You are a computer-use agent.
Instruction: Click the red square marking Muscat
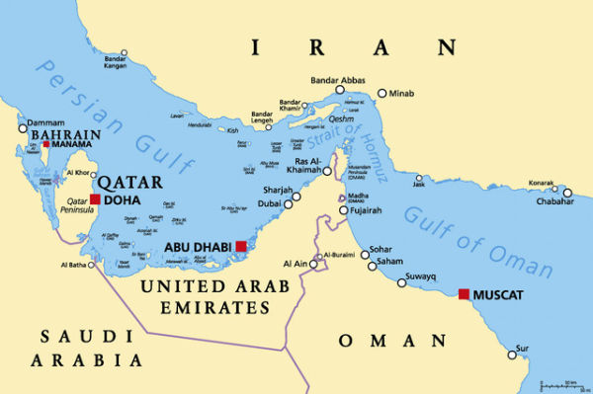point(464,293)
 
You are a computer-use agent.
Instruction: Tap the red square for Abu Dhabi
point(240,246)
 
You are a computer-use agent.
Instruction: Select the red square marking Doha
point(95,199)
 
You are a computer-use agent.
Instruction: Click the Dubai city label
point(268,204)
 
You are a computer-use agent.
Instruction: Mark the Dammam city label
point(45,121)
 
